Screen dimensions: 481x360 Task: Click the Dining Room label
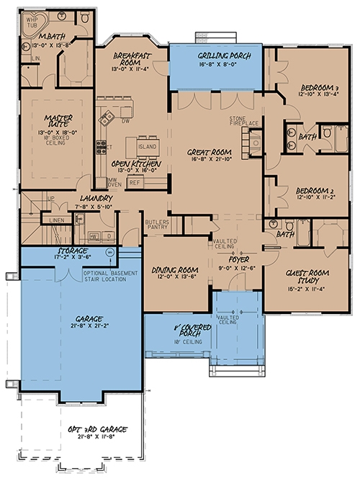point(171,271)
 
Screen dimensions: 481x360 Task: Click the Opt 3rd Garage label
point(91,428)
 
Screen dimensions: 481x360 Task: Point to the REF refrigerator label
point(134,182)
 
